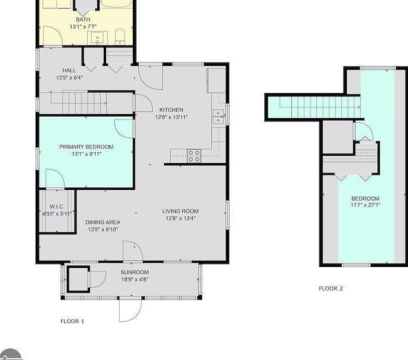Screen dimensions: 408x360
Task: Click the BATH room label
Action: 83,19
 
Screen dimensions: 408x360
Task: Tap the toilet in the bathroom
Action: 120,36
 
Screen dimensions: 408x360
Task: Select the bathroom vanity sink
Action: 98,38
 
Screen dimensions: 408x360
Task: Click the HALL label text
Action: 69,70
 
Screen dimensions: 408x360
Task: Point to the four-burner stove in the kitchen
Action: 194,156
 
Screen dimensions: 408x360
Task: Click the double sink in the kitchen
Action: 218,117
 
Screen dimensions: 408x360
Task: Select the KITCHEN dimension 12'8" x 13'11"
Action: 171,117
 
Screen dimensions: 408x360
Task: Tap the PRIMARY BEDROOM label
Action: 87,147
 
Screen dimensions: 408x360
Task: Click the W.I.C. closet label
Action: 57,207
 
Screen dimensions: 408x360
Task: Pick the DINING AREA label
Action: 103,222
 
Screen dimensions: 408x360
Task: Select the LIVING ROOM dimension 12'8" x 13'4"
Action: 180,218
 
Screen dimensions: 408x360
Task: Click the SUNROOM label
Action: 135,272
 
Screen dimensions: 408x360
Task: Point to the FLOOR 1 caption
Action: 72,321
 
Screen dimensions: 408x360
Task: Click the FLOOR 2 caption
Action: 331,288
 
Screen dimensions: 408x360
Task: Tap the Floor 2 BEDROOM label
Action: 365,198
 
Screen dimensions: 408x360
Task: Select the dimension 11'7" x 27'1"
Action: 365,205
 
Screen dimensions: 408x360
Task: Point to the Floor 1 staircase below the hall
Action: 86,103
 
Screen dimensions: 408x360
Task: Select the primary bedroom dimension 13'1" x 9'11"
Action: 87,154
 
